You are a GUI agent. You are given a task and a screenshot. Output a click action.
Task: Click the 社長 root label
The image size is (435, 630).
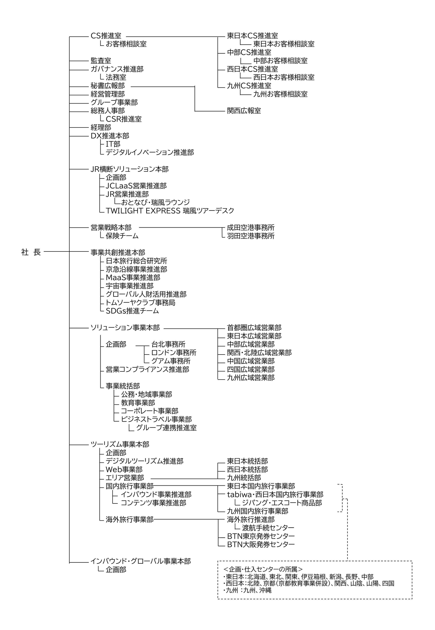pos(31,252)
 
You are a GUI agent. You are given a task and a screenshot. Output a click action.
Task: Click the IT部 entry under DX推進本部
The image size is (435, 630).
pos(113,144)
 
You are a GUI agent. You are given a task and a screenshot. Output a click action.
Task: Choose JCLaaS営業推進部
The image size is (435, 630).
pos(136,186)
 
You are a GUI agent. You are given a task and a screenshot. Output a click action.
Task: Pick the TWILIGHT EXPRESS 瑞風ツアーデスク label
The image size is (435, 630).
pos(170,211)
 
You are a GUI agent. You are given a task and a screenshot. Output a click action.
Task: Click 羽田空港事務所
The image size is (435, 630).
pos(250,236)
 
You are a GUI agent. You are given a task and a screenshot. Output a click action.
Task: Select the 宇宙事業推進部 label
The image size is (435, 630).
pos(130,286)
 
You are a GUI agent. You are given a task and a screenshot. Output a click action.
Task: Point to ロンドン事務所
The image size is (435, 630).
pos(174,353)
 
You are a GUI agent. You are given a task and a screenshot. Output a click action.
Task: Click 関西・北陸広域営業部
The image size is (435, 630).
pos(259,353)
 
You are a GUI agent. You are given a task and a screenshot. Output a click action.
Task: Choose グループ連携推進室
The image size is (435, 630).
pos(166,428)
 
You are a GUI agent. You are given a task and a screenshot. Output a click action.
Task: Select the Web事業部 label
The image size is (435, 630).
pos(124,469)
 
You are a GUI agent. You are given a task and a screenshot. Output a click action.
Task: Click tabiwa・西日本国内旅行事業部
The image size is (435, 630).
pos(275,495)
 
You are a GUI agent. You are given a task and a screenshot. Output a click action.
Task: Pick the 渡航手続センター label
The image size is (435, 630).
pos(268,528)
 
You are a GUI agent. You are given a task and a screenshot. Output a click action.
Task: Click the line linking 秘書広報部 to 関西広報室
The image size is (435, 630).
pos(195,99)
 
